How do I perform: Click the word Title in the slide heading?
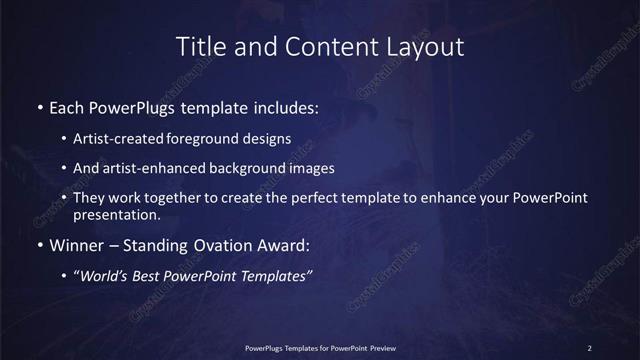point(200,46)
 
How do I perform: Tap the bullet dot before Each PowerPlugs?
point(39,106)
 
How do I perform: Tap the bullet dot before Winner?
point(39,245)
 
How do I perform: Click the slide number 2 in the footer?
point(589,348)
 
